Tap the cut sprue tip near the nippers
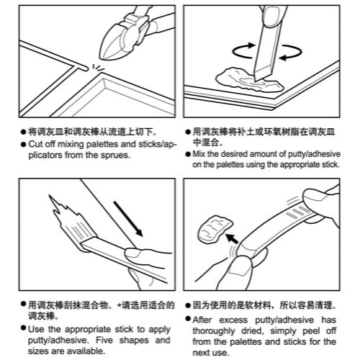tap(85, 68)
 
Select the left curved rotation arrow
tap(243, 50)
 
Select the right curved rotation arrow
tap(291, 52)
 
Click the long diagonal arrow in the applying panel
tap(128, 219)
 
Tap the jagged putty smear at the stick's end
tap(70, 219)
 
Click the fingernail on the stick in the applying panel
tap(132, 253)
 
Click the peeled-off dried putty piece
tap(215, 230)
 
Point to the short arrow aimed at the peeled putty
tap(233, 238)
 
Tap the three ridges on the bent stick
tap(297, 212)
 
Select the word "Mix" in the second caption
tap(199, 154)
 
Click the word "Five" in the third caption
tap(104, 340)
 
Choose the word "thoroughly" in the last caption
tap(214, 331)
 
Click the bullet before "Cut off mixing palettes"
tap(23, 145)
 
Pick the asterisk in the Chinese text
tap(120, 305)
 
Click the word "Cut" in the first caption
tap(35, 144)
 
